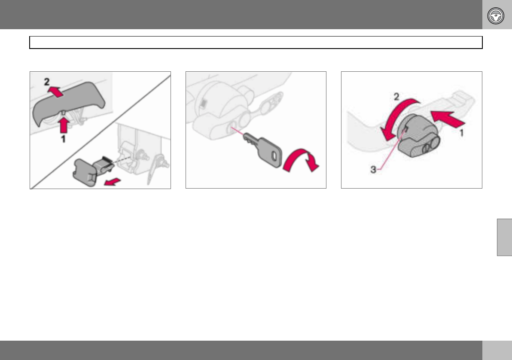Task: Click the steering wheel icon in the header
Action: tap(496, 16)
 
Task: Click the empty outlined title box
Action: tap(256, 43)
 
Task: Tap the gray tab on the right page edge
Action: tap(505, 237)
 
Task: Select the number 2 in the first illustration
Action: tap(47, 82)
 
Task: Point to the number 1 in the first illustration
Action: tap(63, 139)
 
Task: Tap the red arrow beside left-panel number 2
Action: tap(56, 91)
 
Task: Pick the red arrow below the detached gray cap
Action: tap(113, 182)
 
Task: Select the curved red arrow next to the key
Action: tap(301, 159)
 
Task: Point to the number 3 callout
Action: tap(373, 170)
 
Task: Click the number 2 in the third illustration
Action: tap(396, 97)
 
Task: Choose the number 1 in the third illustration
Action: tap(461, 133)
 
